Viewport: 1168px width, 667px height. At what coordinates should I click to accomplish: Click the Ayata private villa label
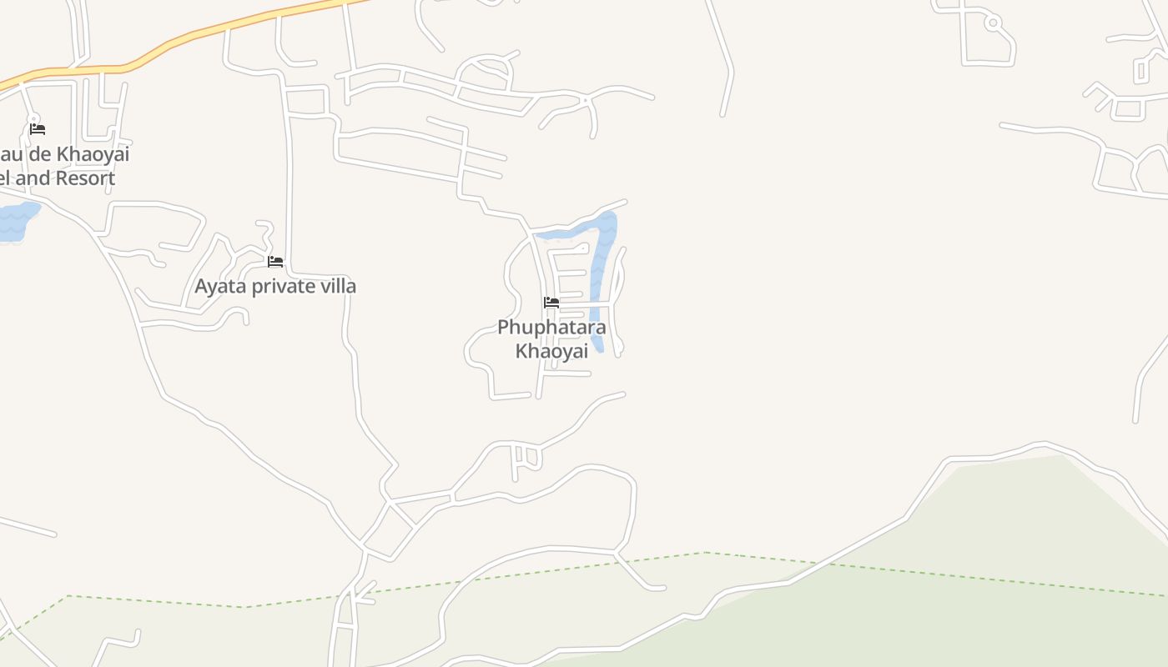coord(275,286)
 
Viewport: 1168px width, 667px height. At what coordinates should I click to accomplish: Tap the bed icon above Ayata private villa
coord(275,262)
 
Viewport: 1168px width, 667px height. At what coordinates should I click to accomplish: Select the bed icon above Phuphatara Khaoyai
coord(551,302)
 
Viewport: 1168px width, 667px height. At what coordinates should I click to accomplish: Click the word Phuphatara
coord(551,327)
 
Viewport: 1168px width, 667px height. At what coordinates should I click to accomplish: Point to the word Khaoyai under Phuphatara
coord(551,351)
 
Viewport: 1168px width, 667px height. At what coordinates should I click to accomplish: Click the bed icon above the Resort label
coord(38,128)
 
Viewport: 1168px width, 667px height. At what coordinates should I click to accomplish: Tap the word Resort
coord(89,178)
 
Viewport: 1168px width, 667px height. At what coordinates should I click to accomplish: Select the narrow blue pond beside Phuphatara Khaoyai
coord(599,275)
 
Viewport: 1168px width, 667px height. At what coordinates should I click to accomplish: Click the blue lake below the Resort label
coord(15,222)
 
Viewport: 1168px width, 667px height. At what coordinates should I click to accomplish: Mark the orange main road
coord(209,32)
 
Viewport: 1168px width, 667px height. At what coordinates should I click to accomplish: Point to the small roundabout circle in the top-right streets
coord(993,23)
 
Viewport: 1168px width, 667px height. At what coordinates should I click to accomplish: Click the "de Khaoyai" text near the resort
coord(79,154)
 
